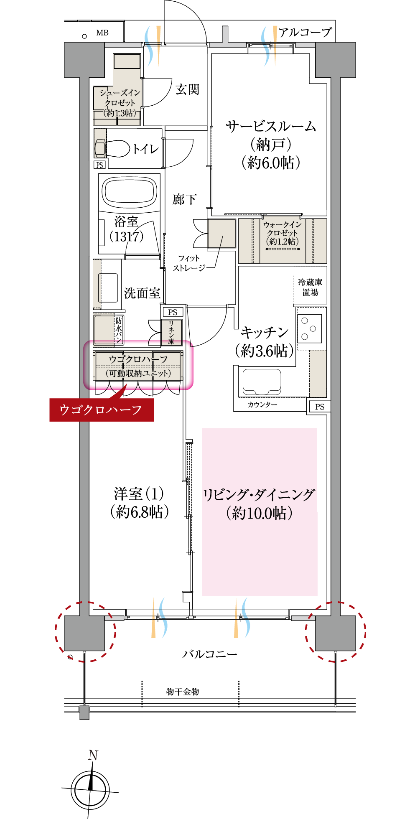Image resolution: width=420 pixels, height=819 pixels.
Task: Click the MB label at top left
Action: point(102,33)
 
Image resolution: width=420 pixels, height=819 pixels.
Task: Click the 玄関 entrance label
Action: point(187,89)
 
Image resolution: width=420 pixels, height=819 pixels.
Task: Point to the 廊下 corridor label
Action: point(184,199)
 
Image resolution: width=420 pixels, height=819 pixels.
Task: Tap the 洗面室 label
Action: point(142,293)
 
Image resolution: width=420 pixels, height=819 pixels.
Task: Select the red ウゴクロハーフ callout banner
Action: point(101,409)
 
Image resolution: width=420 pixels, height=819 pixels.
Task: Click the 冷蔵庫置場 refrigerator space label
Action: point(310,287)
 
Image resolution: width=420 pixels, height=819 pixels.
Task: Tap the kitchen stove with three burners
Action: point(311,329)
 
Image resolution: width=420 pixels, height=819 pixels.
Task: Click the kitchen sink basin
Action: point(262,382)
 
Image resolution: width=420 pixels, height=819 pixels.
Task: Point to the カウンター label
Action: point(262,404)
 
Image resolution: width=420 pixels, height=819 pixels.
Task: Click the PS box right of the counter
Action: point(320,407)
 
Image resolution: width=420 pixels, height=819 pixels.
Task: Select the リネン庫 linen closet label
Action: point(171,333)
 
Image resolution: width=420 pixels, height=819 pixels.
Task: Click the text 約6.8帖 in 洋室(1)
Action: point(139,511)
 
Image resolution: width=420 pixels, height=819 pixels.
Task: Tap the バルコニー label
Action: point(209,654)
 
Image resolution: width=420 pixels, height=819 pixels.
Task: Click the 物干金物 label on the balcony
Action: point(182,692)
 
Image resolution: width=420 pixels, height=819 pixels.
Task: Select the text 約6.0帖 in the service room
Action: point(271,163)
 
